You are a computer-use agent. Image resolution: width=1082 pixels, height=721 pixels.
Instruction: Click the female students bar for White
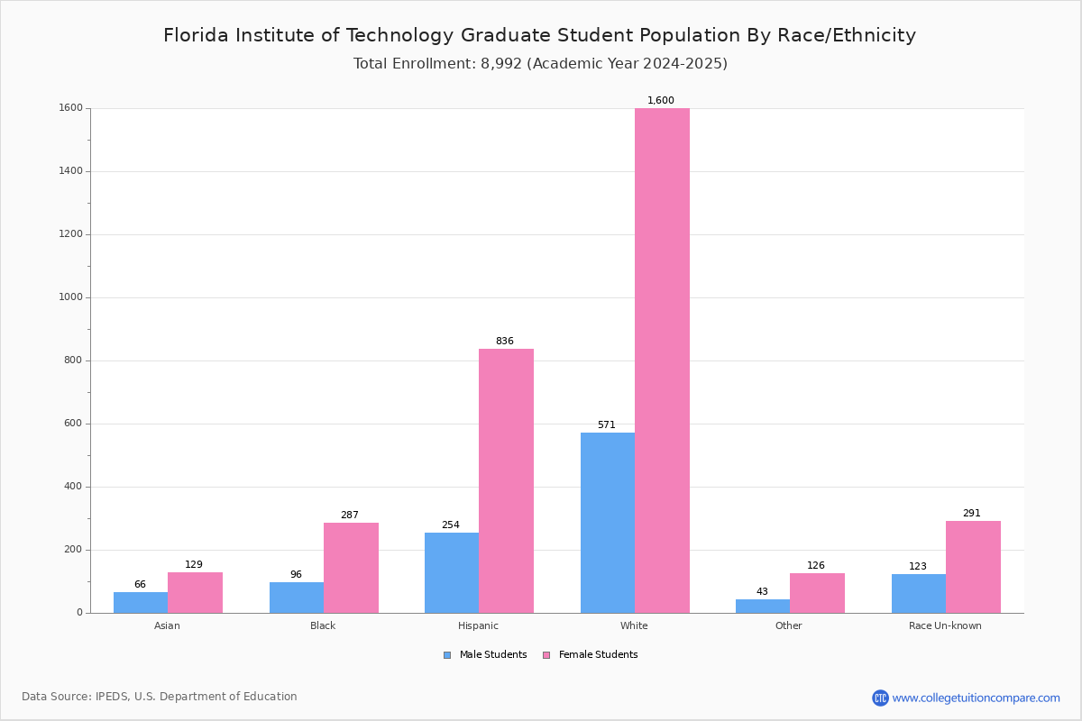[x=662, y=360]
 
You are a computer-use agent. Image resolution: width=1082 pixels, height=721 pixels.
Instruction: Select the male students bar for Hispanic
[x=452, y=572]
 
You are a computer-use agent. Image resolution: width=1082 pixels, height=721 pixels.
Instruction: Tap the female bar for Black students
[x=351, y=568]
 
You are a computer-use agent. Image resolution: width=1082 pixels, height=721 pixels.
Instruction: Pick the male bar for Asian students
[x=141, y=602]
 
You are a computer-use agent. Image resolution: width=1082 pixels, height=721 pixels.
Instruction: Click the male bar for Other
[x=763, y=606]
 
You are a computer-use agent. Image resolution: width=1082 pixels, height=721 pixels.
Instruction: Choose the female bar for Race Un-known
[x=973, y=567]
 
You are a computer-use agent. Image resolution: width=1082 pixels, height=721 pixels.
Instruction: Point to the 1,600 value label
[x=661, y=101]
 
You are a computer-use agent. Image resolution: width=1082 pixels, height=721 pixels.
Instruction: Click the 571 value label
[x=606, y=425]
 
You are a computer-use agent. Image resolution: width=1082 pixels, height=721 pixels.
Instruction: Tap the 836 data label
[x=504, y=342]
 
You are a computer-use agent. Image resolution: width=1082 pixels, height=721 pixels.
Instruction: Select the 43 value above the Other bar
[x=762, y=592]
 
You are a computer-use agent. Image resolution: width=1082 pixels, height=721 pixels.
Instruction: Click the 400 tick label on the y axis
[x=72, y=487]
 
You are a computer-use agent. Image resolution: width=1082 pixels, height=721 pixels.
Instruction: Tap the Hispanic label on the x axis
[x=478, y=625]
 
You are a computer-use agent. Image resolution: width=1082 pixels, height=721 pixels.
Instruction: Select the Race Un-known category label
[x=945, y=625]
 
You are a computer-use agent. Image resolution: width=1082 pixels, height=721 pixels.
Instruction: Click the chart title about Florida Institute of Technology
[x=539, y=35]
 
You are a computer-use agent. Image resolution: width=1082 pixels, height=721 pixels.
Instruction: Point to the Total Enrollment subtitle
[x=540, y=64]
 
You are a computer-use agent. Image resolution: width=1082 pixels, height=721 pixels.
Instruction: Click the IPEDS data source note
[x=160, y=697]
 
